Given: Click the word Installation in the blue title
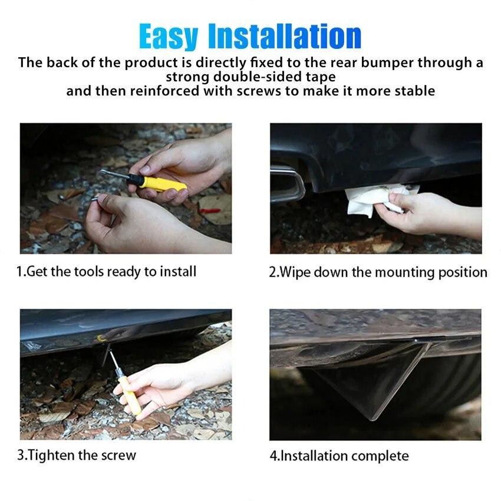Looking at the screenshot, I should pyautogui.click(x=285, y=37).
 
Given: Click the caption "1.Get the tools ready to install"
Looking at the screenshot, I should pyautogui.click(x=106, y=271).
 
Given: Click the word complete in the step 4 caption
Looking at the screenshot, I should pyautogui.click(x=380, y=456).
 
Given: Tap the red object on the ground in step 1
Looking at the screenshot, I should pyautogui.click(x=209, y=210).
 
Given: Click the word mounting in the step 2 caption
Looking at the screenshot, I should pyautogui.click(x=406, y=272).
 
